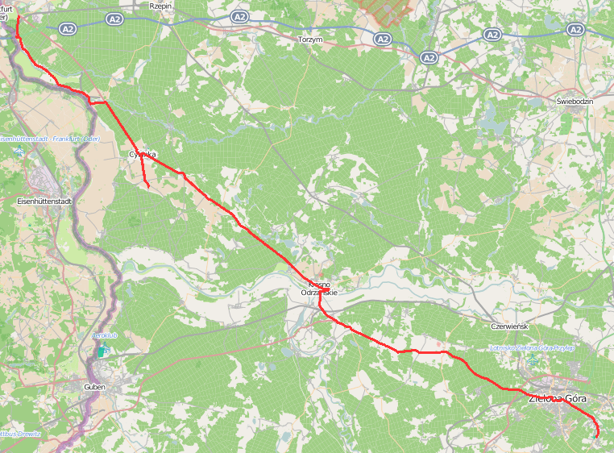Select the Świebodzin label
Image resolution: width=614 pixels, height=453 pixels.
575,102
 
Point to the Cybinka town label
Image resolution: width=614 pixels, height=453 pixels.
142,154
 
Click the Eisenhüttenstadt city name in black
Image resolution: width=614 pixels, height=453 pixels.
46,200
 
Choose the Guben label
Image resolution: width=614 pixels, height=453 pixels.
94,387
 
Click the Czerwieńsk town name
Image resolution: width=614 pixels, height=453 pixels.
508,326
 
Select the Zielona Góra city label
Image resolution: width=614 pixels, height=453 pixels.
558,399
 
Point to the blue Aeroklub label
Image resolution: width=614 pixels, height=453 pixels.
106,335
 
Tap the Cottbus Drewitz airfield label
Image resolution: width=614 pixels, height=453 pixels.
19,434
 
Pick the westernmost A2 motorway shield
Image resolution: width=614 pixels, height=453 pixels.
114,18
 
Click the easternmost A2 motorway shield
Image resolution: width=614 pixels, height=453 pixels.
575,29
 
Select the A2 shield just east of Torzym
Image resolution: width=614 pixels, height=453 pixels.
383,38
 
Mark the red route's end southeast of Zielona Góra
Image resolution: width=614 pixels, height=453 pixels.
597,437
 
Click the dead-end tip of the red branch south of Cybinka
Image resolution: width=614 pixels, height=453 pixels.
149,188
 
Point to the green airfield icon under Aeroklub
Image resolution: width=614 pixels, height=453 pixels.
102,351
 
